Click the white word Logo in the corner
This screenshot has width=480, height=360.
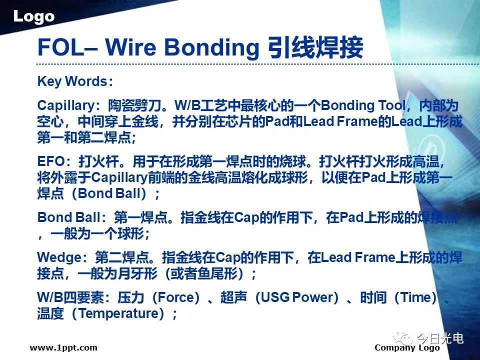tap(33, 16)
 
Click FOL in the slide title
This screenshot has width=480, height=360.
tap(60, 47)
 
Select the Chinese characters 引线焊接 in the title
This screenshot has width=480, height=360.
tap(315, 47)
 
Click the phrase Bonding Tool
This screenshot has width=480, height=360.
tap(363, 105)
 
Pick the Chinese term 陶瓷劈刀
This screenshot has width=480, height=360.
tap(134, 105)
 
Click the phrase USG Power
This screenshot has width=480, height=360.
tap(296, 297)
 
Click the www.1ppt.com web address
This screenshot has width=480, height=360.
tap(63, 348)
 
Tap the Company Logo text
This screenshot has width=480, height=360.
tap(407, 348)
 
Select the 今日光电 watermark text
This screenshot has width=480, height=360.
tap(440, 338)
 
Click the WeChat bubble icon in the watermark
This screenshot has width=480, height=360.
tap(403, 338)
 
